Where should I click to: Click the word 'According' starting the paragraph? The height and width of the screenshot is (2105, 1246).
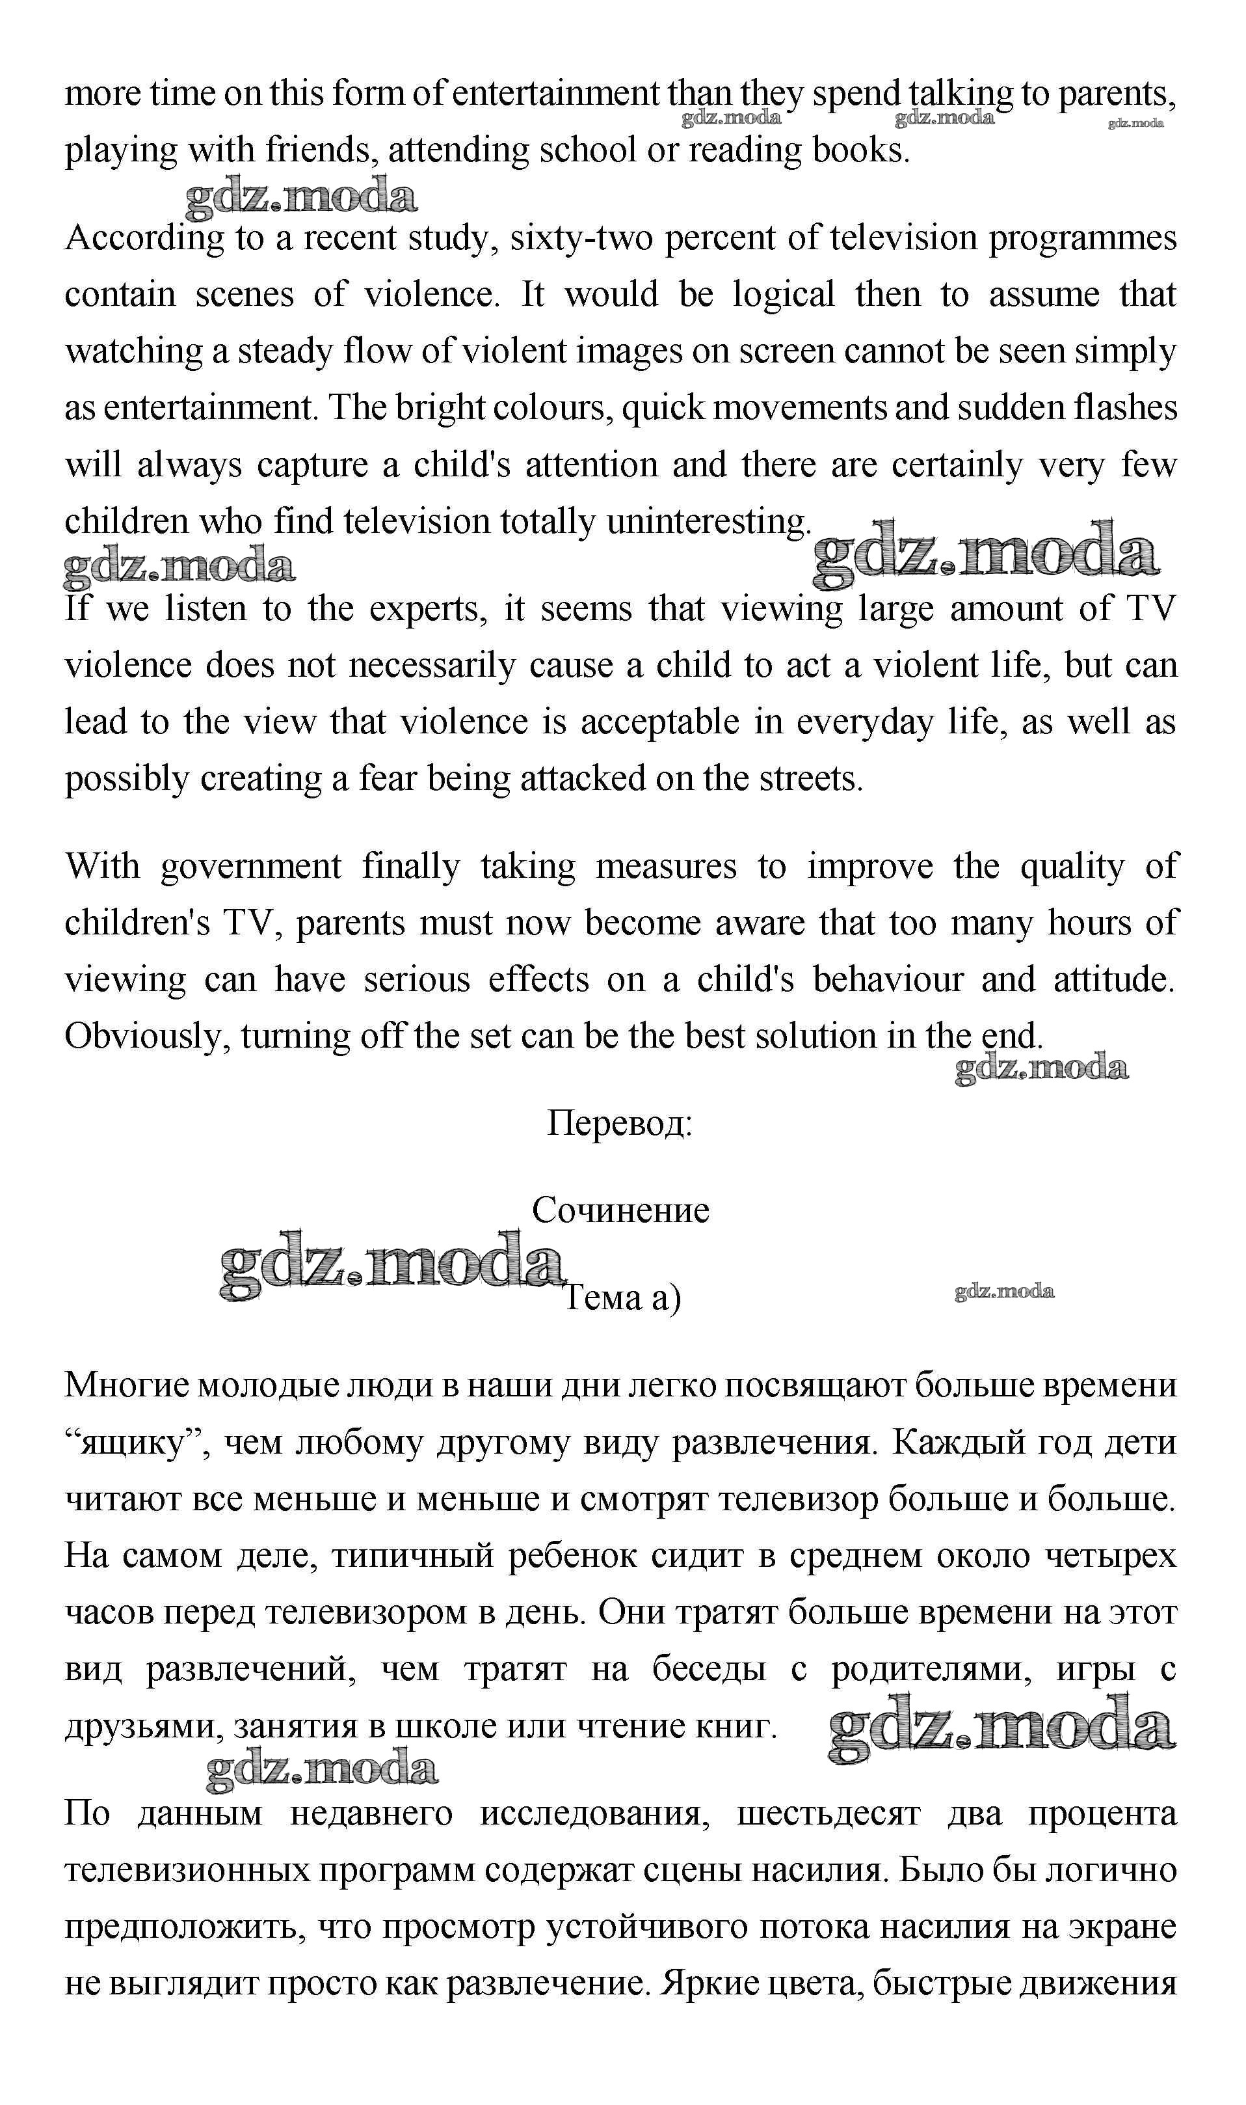point(144,239)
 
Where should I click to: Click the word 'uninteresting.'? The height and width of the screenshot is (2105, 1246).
point(709,523)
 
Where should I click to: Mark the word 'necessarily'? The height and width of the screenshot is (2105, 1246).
point(431,666)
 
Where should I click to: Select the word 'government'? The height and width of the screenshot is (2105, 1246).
point(251,867)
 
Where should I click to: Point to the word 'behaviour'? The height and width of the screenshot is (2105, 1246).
point(888,980)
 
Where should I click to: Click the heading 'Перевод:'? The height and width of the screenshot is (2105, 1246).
point(620,1123)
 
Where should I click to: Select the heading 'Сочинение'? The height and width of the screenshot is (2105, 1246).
point(620,1210)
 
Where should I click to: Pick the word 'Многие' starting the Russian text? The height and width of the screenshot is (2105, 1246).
point(126,1385)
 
